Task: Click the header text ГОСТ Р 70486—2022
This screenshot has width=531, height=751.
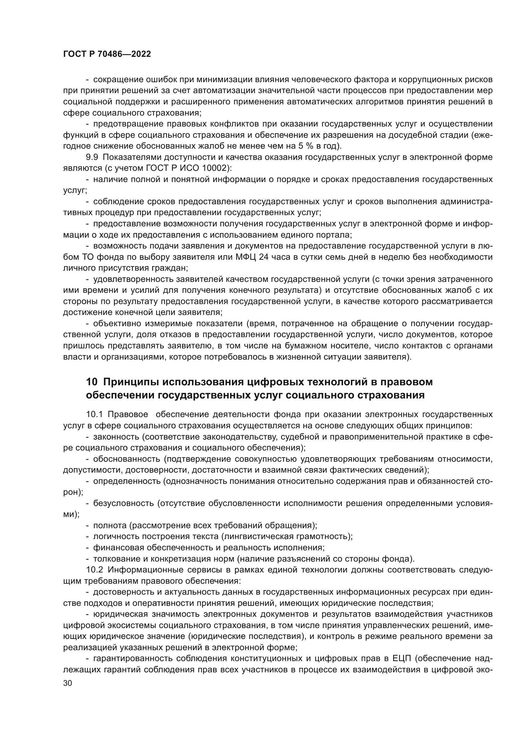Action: coord(107,54)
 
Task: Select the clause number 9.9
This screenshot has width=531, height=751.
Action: coord(92,157)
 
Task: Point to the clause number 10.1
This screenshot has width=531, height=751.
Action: coord(94,415)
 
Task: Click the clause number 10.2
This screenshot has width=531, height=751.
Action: coord(94,570)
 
